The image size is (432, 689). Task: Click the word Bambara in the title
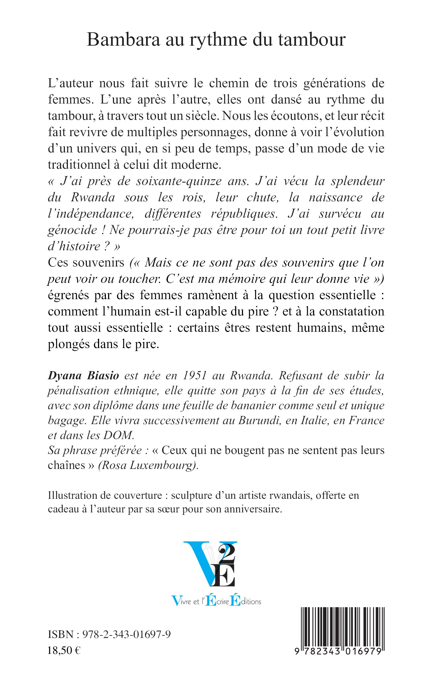coord(123,40)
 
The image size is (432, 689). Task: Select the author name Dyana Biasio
coord(83,376)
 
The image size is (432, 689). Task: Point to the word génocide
coord(72,230)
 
